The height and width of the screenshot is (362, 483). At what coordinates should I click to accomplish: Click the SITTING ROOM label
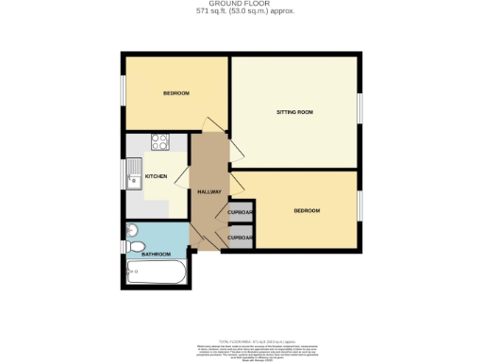coord(294,112)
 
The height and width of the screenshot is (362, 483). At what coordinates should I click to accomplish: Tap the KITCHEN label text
coord(156,176)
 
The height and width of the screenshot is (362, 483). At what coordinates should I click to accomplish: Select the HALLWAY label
coord(208,192)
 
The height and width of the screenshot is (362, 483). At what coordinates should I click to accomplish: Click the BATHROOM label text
coord(156,255)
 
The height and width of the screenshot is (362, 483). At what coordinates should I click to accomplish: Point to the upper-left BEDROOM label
coord(176,93)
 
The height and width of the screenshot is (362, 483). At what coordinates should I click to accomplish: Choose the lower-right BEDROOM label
coord(306,210)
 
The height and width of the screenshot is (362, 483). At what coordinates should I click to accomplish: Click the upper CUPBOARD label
coord(241,213)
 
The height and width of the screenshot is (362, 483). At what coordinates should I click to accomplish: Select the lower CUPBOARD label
coord(241,238)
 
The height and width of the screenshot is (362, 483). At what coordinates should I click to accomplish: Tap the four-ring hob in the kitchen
coord(159,144)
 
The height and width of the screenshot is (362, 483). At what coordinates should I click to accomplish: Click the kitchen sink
coord(136,174)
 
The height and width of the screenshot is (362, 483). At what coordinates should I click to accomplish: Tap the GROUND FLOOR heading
coord(241,5)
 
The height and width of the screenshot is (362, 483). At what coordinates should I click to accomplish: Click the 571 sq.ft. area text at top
coord(241,12)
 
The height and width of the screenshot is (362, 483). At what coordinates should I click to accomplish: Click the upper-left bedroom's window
coord(123,92)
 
